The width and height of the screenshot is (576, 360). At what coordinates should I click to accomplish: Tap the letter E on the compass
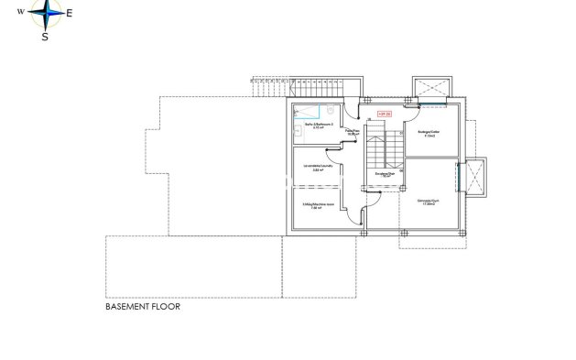(68, 14)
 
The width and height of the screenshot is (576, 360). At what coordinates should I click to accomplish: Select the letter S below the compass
(45, 38)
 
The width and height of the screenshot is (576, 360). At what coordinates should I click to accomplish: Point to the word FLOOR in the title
(167, 308)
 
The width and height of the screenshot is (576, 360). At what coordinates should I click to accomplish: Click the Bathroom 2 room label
(318, 125)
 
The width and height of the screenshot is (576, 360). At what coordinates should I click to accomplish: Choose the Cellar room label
(429, 134)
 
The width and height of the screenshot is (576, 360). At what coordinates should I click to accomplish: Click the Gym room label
(428, 202)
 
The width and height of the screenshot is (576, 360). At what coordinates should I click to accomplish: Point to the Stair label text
(385, 173)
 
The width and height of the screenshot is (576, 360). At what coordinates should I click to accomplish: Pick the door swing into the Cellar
(410, 107)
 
